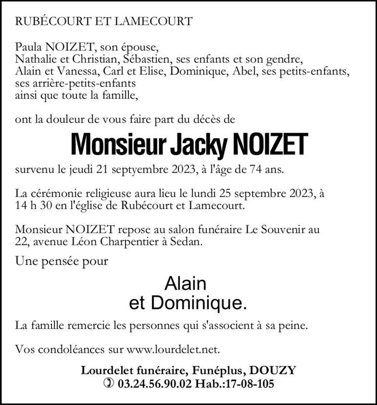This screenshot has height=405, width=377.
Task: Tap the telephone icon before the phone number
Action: [x=109, y=384]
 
